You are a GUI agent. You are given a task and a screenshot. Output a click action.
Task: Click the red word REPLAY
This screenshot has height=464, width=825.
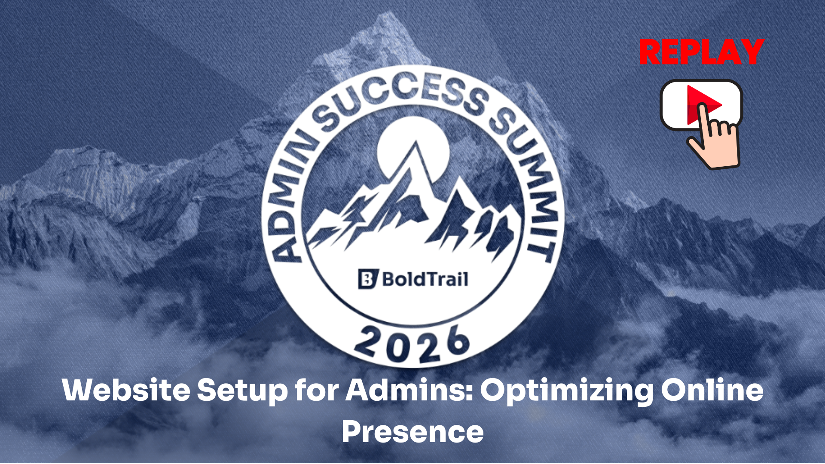701,52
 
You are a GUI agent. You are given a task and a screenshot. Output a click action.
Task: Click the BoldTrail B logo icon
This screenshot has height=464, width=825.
368,279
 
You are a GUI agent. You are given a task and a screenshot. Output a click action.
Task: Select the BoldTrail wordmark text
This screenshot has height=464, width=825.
425,279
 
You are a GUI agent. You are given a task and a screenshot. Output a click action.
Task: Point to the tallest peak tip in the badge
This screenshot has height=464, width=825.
416,141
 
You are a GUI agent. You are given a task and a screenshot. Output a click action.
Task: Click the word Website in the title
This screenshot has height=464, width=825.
126,390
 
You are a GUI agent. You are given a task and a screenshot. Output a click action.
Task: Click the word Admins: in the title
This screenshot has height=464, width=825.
409,390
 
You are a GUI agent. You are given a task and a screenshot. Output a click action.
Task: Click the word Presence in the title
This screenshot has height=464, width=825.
412,432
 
